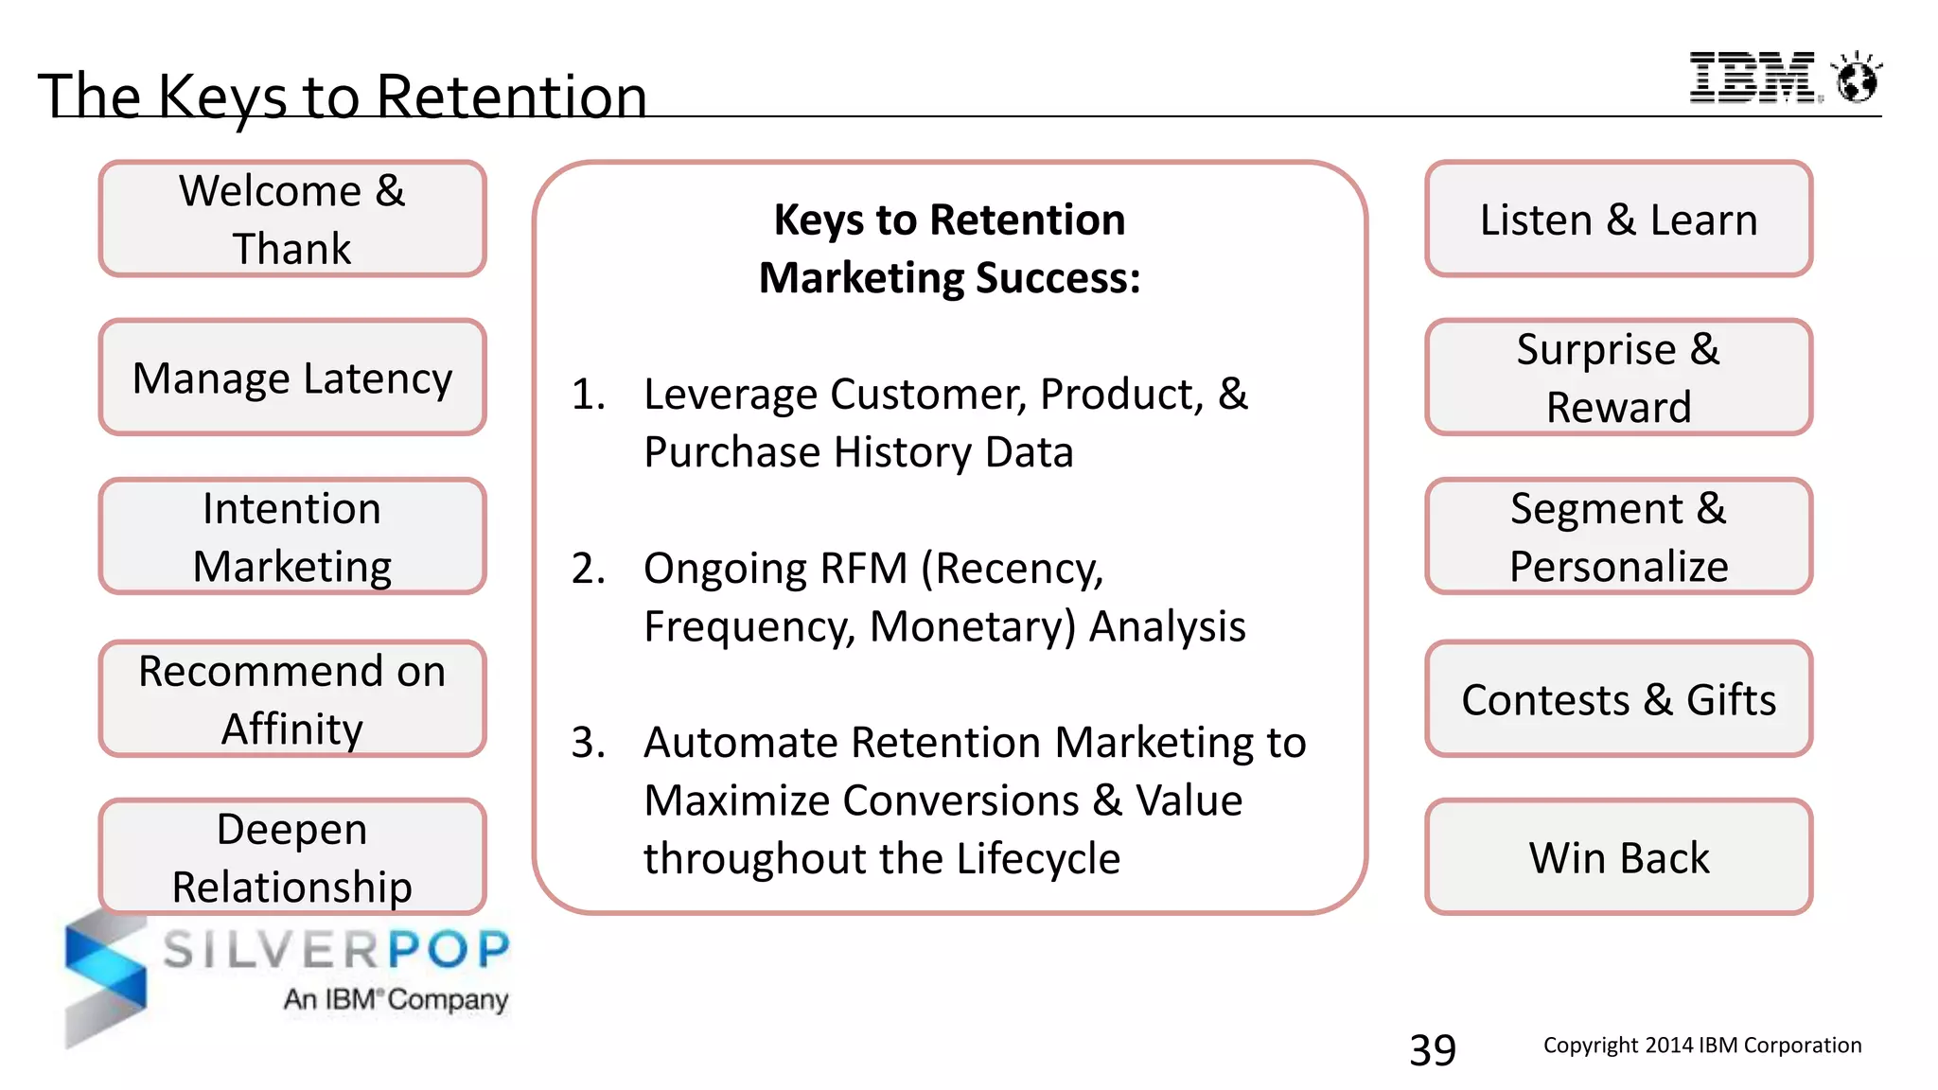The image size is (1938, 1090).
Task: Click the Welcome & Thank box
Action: (x=292, y=220)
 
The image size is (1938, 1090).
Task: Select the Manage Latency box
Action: (x=292, y=378)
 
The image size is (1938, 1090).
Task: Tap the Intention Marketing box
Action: (x=292, y=536)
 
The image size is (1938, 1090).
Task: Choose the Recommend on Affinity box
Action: (x=292, y=699)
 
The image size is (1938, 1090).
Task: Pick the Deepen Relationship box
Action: (x=292, y=857)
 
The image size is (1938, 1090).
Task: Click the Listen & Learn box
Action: (x=1618, y=220)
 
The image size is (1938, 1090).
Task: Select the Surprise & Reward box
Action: (x=1618, y=378)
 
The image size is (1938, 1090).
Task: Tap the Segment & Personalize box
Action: (x=1618, y=536)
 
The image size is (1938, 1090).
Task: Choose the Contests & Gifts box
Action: (x=1618, y=699)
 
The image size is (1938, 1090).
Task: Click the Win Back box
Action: (x=1618, y=857)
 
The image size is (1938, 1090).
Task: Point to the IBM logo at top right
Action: (x=1753, y=78)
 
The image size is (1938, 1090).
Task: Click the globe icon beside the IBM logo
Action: (x=1857, y=79)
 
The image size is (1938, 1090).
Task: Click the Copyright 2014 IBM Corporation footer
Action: (x=1701, y=1046)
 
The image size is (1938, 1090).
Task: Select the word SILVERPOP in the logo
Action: (x=336, y=950)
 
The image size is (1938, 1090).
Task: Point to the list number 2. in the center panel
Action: (x=588, y=569)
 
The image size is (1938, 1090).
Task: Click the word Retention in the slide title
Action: (x=511, y=97)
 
